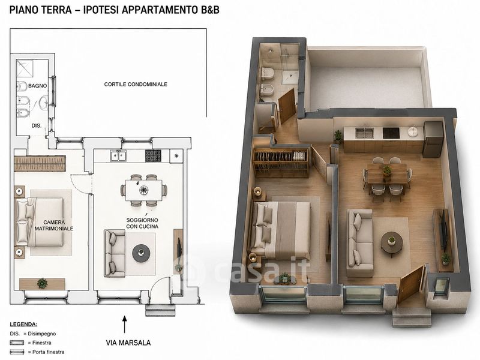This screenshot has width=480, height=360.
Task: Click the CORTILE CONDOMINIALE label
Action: (136, 84)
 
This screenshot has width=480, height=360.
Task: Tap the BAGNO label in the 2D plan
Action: (38, 86)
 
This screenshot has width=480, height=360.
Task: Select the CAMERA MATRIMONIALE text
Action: (54, 226)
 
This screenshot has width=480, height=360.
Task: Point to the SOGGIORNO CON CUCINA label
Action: (142, 223)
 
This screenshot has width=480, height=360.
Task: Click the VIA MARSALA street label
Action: (128, 343)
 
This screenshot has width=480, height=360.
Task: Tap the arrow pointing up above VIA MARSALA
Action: (124, 324)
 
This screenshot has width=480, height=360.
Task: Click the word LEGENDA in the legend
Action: (23, 325)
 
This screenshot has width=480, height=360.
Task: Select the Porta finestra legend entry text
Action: (49, 352)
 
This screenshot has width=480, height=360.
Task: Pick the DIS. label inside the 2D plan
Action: (37, 125)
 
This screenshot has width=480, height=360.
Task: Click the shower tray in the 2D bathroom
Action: (25, 68)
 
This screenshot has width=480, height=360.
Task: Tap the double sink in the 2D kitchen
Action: (118, 156)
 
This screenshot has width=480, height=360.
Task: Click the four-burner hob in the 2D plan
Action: (153, 155)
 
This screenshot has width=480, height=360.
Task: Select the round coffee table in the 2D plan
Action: (141, 253)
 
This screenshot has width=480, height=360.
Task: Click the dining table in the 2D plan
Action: (143, 190)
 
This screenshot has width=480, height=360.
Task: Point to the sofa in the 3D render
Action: (361, 242)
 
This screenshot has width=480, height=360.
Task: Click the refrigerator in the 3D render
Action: (433, 139)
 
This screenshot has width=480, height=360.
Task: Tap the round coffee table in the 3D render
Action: (392, 243)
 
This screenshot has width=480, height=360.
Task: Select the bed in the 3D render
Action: (281, 229)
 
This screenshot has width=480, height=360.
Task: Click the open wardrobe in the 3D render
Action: (281, 162)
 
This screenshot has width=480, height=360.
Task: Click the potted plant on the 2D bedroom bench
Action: (42, 283)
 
